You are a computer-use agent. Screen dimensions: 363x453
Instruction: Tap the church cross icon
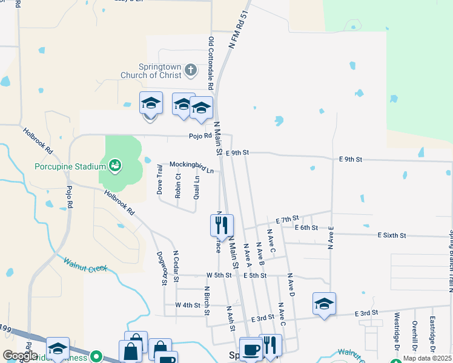coord(190,71)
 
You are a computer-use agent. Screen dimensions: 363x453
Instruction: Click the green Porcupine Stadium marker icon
coord(114,165)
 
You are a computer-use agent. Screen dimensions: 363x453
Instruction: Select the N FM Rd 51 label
coord(239,29)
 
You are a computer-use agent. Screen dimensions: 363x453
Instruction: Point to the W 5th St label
coord(219,275)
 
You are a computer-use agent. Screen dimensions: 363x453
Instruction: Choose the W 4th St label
coord(187,305)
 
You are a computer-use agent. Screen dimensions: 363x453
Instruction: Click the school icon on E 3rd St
coord(324,304)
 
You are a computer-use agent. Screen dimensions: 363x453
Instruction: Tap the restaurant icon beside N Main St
coord(222,225)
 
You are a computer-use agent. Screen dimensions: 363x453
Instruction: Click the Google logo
coord(19,355)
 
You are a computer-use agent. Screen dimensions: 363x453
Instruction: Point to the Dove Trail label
coord(160,179)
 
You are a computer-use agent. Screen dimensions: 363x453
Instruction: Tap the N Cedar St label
coord(176,266)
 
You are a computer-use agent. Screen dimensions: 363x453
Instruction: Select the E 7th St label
coord(287,218)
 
